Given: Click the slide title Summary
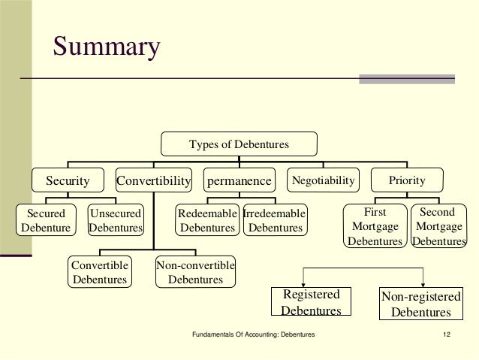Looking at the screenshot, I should click(106, 47).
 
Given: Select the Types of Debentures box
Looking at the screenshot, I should click(239, 144).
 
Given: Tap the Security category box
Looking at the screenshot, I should click(68, 180).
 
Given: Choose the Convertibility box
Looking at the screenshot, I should click(154, 180).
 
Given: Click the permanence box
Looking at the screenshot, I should click(239, 180).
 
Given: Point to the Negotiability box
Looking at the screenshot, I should click(323, 180).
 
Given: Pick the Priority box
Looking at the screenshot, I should click(407, 180).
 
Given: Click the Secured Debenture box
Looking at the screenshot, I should click(46, 220).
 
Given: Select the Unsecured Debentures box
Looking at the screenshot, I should click(116, 220).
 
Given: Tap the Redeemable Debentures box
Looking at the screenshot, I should click(207, 220).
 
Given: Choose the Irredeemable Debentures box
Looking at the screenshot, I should click(275, 220).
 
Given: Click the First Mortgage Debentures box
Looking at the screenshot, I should click(375, 227).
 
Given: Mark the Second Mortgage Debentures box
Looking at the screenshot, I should click(437, 227).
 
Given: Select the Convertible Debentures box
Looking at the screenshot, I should click(99, 272).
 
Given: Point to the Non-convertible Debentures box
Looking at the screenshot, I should click(195, 272).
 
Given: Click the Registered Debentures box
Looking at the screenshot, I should click(311, 302).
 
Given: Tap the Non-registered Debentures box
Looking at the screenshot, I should click(421, 304).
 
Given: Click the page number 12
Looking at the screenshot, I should click(447, 333).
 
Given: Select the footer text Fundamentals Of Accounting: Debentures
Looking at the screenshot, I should click(254, 333).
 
